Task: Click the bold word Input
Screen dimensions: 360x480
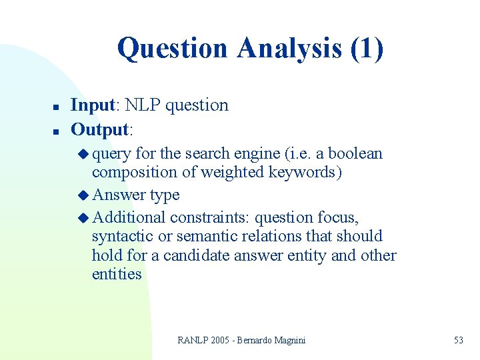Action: (93, 105)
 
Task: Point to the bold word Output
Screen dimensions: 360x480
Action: (99, 128)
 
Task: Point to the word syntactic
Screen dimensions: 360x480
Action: (122, 236)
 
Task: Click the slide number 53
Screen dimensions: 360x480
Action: (458, 340)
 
